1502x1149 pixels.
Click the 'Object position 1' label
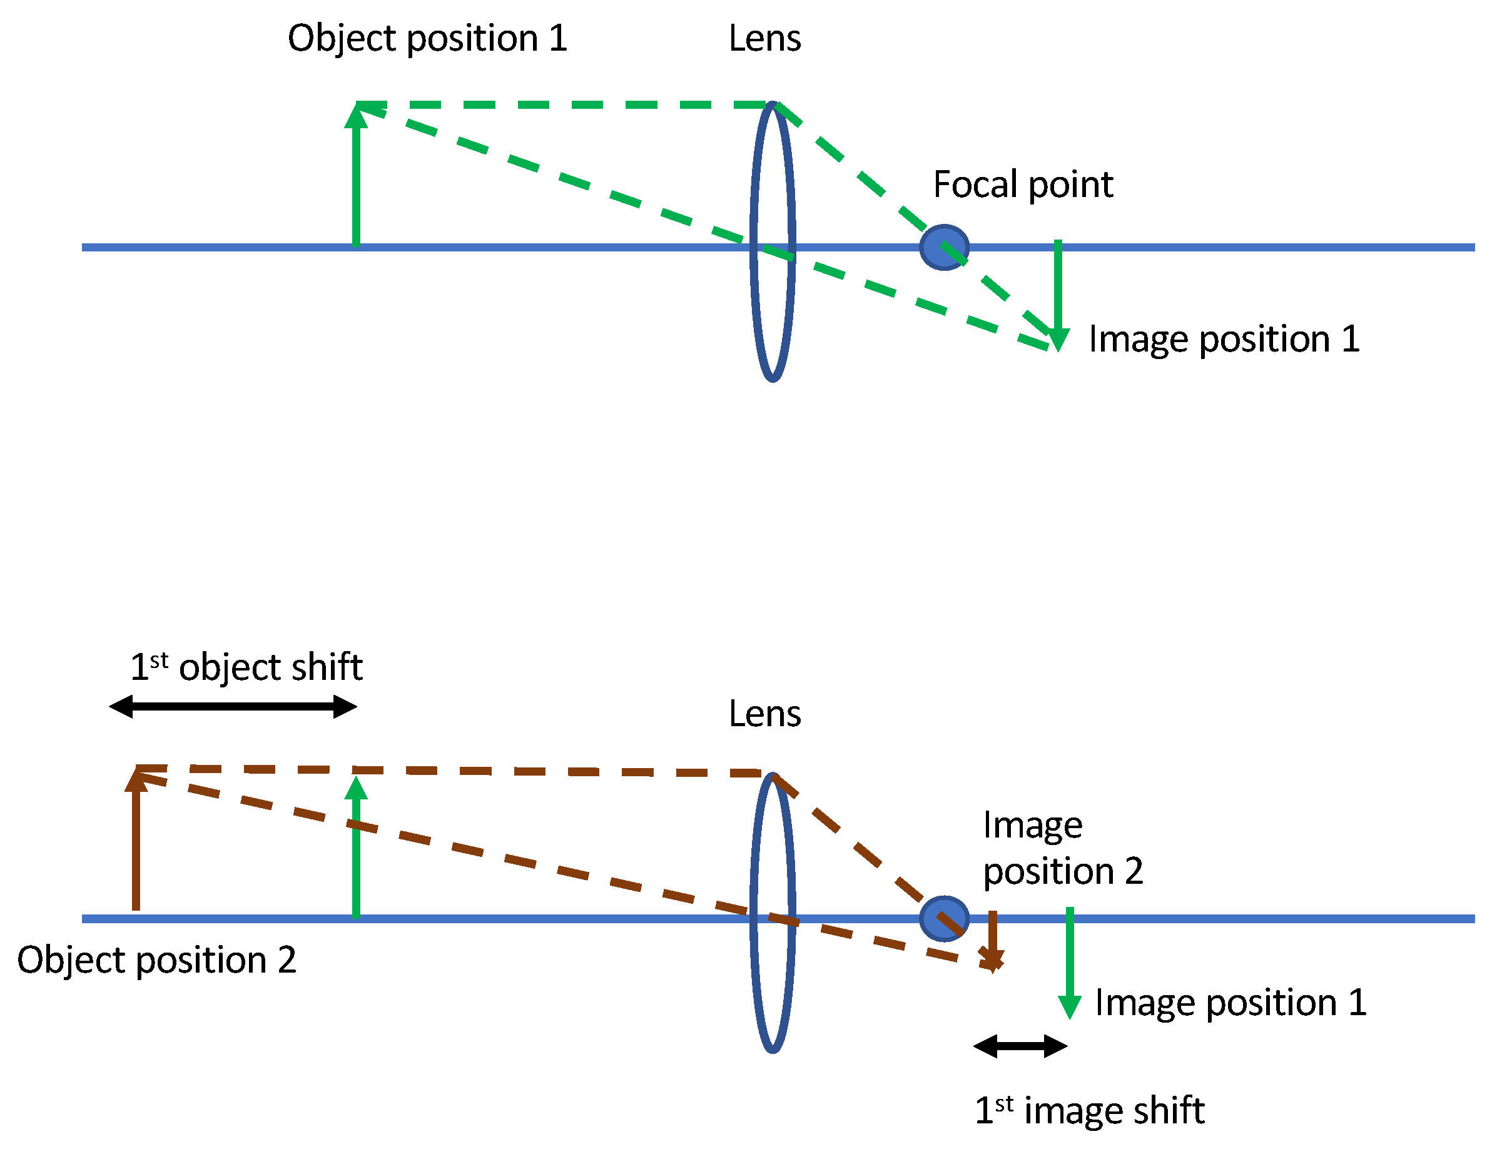(x=427, y=38)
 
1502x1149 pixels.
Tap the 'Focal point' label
(x=1023, y=185)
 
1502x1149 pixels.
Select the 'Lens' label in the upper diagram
(x=764, y=38)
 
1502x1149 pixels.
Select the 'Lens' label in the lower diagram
(x=764, y=714)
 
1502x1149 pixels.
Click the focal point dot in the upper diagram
(x=944, y=247)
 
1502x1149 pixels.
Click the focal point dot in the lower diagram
(x=944, y=919)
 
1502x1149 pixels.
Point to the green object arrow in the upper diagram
(x=356, y=178)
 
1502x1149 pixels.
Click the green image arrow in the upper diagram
(x=1057, y=294)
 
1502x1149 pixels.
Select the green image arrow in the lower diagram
(x=1070, y=964)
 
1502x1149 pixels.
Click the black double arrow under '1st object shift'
(x=233, y=707)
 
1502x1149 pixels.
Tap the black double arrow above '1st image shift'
(x=1020, y=1046)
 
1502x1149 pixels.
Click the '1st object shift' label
(x=246, y=667)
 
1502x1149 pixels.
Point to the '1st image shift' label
(x=1089, y=1110)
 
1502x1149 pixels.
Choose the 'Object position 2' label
(x=156, y=960)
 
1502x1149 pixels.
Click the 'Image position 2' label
(x=1062, y=848)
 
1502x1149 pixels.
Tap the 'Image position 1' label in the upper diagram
(x=1224, y=339)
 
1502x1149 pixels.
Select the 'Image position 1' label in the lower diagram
(x=1231, y=1003)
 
